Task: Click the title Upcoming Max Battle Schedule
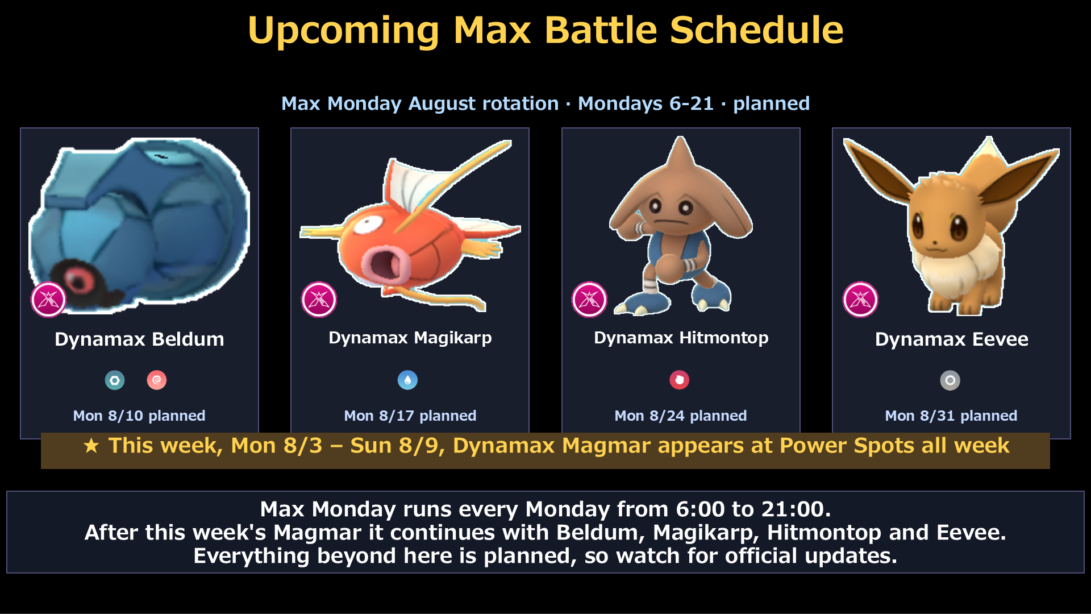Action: [545, 30]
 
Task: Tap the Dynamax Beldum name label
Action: [139, 339]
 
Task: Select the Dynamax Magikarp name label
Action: [410, 338]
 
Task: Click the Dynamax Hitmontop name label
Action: [681, 338]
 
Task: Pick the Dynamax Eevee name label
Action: [952, 339]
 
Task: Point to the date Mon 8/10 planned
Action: [139, 416]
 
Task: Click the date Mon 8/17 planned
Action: [410, 416]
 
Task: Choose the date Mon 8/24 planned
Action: [681, 416]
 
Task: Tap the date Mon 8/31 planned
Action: [951, 416]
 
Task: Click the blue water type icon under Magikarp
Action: [407, 380]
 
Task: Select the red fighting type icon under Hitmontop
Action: [679, 380]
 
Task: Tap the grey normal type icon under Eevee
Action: [950, 380]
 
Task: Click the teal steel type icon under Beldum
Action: [115, 380]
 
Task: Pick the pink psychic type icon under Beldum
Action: [157, 380]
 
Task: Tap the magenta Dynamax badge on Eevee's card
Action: [860, 300]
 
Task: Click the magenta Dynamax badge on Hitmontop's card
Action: [589, 300]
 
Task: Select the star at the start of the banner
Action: [91, 446]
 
